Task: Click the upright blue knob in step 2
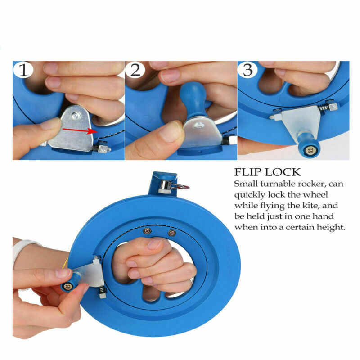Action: click(x=192, y=97)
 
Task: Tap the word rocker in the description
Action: click(x=306, y=184)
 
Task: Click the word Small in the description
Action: click(x=246, y=184)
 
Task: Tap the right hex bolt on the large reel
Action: click(x=171, y=233)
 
